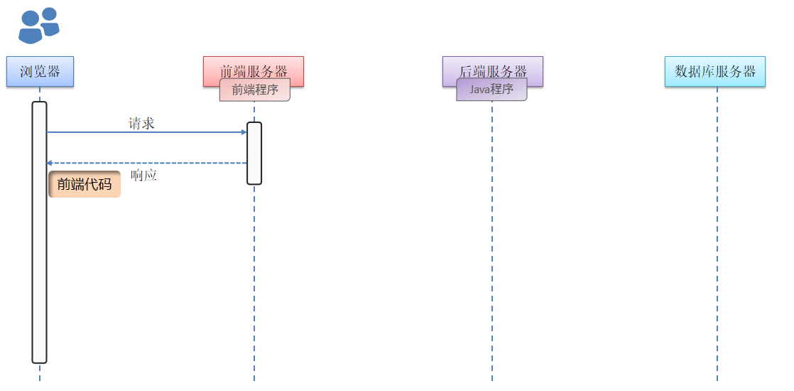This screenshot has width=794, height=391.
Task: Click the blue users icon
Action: [38, 26]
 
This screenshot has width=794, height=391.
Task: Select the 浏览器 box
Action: [40, 71]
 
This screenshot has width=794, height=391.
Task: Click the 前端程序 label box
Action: [255, 90]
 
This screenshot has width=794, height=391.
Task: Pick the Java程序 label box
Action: [491, 90]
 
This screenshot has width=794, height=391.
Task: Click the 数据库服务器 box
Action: [715, 71]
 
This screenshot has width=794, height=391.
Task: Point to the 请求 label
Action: [141, 123]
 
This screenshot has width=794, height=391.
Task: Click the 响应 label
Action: [144, 175]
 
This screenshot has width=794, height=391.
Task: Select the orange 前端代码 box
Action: [85, 184]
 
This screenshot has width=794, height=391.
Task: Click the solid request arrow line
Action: [142, 132]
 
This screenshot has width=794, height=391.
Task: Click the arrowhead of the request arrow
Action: [244, 132]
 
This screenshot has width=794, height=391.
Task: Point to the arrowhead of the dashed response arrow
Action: [50, 164]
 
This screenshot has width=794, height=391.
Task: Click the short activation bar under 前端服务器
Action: [254, 153]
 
